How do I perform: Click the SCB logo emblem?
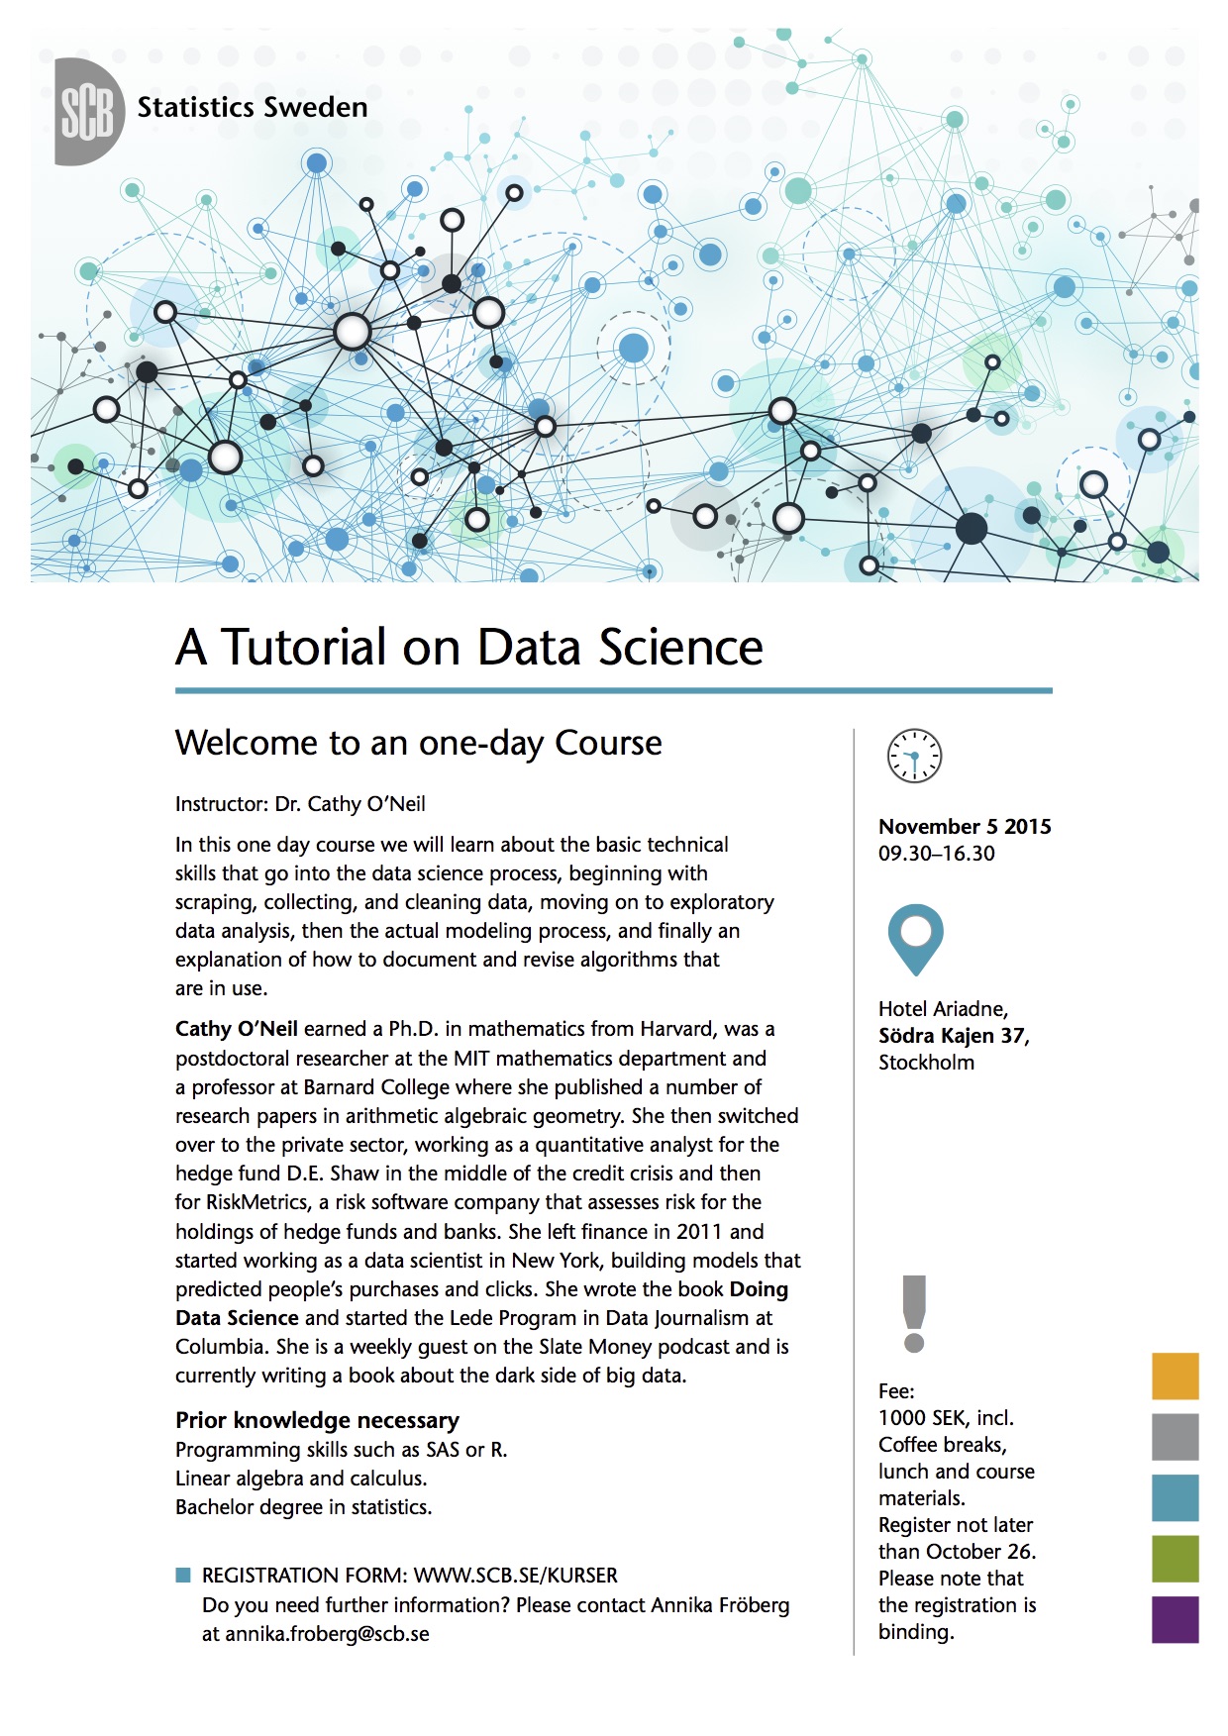(88, 111)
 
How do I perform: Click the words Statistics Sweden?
(252, 107)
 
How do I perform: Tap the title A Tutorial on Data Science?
(468, 648)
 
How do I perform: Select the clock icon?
(913, 757)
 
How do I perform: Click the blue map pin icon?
(915, 937)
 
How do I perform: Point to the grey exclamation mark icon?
(914, 1313)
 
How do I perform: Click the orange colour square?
(1175, 1376)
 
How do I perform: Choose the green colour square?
(1175, 1559)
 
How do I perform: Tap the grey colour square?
(1175, 1436)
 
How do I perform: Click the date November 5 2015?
(965, 827)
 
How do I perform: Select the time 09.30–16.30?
(936, 854)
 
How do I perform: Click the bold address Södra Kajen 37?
(953, 1036)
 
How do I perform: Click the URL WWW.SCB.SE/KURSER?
(515, 1576)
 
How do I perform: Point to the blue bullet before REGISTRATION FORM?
(182, 1575)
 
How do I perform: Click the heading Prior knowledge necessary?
(317, 1420)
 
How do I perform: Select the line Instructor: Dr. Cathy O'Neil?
(300, 804)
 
